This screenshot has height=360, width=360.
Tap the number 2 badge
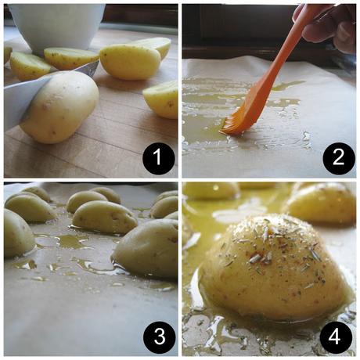[x=338, y=160]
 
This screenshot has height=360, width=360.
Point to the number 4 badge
[x=338, y=338]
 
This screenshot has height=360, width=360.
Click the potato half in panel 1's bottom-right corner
[x=162, y=99]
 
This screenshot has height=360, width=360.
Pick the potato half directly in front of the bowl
[x=70, y=57]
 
